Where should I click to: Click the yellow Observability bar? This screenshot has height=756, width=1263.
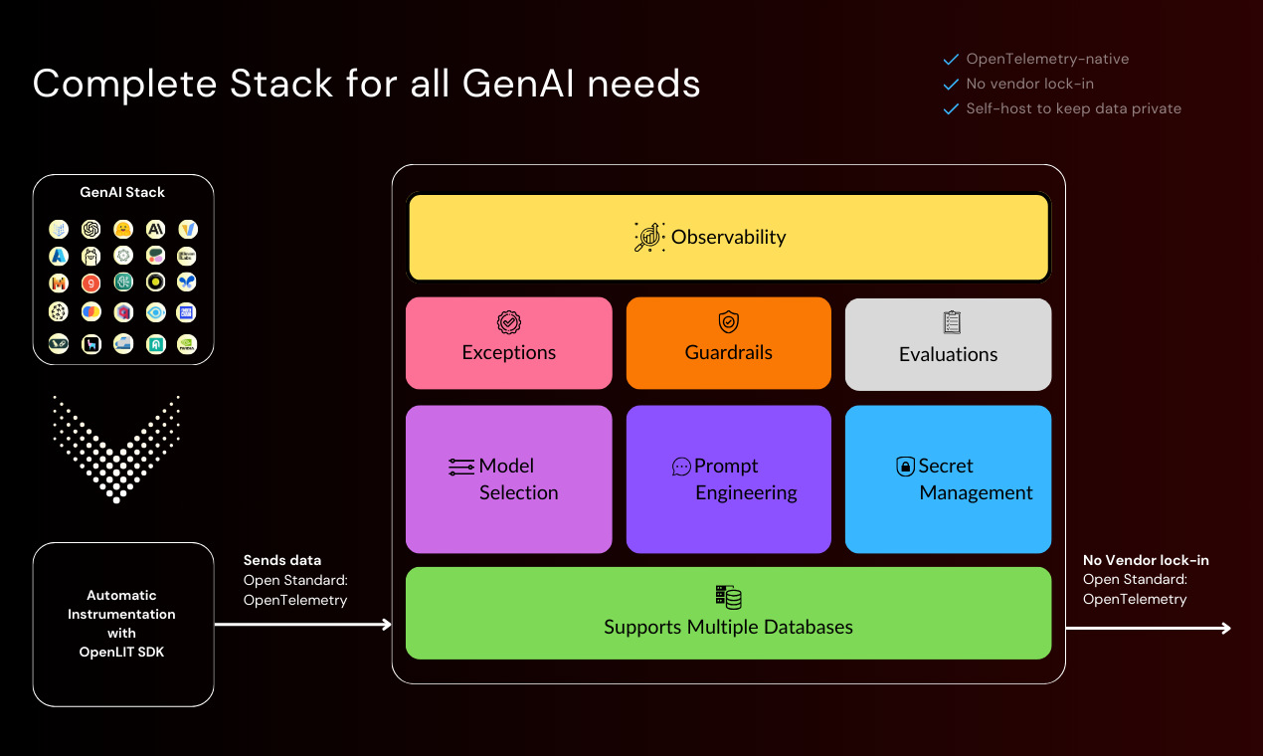[728, 238]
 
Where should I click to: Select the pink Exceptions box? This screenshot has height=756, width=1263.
[508, 343]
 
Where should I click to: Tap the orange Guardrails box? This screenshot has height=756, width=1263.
[728, 343]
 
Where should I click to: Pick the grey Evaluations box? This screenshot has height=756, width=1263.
[948, 344]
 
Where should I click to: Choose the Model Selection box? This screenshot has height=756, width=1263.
[508, 478]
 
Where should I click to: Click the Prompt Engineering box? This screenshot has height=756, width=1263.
[728, 478]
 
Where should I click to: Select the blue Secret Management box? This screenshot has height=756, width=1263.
[948, 478]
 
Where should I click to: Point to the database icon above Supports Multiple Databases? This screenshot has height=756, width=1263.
[728, 597]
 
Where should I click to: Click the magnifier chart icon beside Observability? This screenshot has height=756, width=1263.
[649, 237]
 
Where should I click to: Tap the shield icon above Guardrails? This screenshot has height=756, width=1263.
[728, 321]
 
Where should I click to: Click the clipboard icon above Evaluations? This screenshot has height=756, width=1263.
[952, 322]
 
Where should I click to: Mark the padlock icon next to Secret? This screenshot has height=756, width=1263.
[905, 467]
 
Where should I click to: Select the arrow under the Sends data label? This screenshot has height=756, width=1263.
[303, 625]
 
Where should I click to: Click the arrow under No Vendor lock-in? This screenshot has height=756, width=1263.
[1149, 628]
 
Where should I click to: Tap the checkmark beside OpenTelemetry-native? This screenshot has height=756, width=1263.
[951, 59]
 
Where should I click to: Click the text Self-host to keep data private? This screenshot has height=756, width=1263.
[1073, 108]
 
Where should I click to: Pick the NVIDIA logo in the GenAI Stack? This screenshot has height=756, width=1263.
[187, 343]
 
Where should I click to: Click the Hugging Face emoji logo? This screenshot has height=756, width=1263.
[123, 229]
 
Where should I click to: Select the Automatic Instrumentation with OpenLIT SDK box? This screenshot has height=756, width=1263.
[123, 624]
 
